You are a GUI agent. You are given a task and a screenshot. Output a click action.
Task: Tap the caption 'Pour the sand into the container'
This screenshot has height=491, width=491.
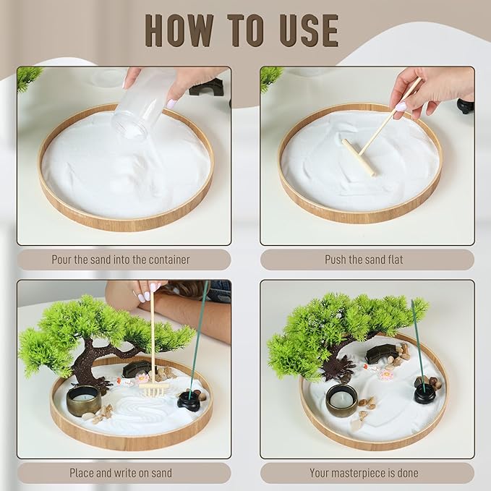pyautogui.click(x=121, y=260)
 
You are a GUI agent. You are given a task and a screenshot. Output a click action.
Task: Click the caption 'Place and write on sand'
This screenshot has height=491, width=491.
pyautogui.click(x=121, y=474)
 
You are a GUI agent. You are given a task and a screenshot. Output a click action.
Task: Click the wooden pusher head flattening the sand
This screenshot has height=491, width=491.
pyautogui.click(x=359, y=157)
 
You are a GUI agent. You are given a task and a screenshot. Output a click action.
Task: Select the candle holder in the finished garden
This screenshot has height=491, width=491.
pyautogui.click(x=341, y=400)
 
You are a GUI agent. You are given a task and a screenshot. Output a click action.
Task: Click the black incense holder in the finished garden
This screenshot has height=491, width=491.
pyautogui.click(x=424, y=393)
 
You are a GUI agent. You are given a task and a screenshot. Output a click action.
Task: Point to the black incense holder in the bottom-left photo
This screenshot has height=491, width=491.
pyautogui.click(x=189, y=401)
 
